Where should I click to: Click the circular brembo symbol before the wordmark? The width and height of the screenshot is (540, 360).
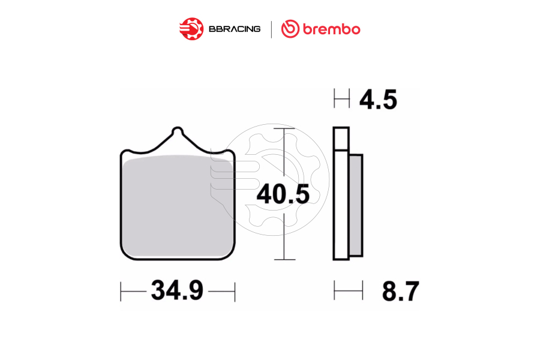pos(290,29)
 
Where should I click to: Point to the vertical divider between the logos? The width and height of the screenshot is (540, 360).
pos(271,29)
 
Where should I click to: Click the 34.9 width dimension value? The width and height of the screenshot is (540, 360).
pos(177,292)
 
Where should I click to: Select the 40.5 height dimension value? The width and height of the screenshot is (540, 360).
pos(283,194)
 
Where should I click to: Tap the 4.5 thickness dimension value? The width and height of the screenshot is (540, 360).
pos(378,100)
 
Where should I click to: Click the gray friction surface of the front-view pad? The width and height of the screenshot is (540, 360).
pos(177,207)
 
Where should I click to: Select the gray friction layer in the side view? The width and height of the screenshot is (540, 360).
pos(356,204)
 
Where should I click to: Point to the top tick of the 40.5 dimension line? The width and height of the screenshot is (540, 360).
pos(284,128)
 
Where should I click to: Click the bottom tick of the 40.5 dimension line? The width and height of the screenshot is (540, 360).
pos(284,259)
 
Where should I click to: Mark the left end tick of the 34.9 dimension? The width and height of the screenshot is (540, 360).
pos(121,292)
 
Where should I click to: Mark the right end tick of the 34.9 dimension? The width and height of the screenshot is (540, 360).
pos(235,292)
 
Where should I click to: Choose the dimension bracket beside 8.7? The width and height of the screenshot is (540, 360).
pos(349,291)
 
